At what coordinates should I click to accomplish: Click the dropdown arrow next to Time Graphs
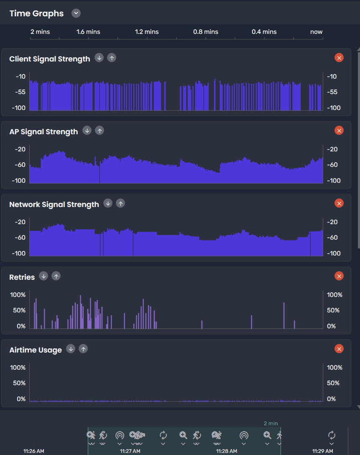coord(76,13)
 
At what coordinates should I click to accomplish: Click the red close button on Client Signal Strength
coord(339,58)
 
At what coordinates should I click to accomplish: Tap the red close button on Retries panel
coord(339,276)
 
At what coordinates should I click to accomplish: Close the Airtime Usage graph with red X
coord(339,349)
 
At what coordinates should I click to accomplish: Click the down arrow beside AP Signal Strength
coord(87,130)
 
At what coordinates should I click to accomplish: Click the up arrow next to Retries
coord(56,276)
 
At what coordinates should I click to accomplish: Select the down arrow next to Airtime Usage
coord(71,349)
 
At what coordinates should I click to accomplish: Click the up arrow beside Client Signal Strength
coord(112,58)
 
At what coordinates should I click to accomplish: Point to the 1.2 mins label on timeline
coord(147,32)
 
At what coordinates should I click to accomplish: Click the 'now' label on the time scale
coord(316,32)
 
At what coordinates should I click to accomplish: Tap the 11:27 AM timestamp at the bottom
coord(130,451)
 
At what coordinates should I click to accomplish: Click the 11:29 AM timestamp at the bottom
coord(323,451)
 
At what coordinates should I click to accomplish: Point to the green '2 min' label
coord(271,424)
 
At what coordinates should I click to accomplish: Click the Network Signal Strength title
coord(54,204)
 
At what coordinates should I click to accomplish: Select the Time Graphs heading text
coord(36,13)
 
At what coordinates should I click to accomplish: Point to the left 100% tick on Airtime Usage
coord(18,368)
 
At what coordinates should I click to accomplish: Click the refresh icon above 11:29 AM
coord(332,435)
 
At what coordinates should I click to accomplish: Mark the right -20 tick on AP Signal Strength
coord(332,149)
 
